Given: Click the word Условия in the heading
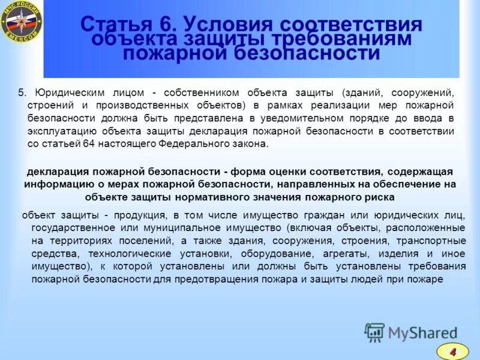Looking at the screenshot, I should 219,25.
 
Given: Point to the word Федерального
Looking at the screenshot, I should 191,145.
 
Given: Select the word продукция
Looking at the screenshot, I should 139,215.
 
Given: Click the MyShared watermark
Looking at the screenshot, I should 410,332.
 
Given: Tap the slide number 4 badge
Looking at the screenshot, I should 452,350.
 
